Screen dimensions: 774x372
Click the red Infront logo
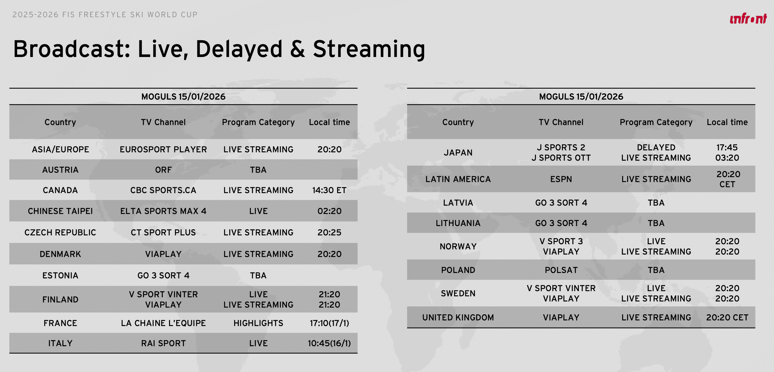pos(748,19)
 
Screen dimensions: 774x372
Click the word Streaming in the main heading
pos(369,49)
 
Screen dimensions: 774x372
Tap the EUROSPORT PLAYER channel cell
pos(163,149)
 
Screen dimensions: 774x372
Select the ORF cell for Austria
pos(163,170)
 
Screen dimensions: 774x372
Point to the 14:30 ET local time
pos(329,190)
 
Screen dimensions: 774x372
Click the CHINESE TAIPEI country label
pos(60,211)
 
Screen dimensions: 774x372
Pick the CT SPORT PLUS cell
pos(163,232)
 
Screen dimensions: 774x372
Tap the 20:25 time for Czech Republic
pos(329,232)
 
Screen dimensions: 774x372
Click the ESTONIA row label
pos(60,275)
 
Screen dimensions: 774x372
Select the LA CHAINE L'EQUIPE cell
pos(163,323)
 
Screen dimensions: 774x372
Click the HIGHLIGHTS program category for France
pos(258,323)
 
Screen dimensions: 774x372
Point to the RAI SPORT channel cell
pos(163,343)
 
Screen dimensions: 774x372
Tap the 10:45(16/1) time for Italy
pos(329,343)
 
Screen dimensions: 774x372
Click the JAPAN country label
pos(458,153)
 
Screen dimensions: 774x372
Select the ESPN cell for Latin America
pos(561,179)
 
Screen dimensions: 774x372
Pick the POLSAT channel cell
pos(561,270)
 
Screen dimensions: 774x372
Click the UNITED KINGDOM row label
pos(458,317)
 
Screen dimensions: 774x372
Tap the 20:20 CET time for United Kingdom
pos(727,317)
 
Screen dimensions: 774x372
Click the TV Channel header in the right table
pos(561,122)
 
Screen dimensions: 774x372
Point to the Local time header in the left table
pos(329,122)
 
